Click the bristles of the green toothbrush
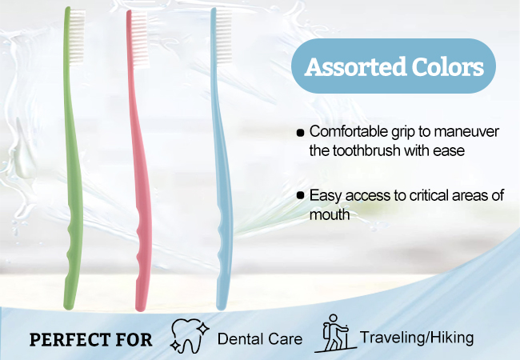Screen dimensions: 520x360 pyautogui.click(x=78, y=37)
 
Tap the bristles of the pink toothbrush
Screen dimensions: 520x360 pyautogui.click(x=140, y=40)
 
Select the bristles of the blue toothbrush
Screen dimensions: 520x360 pyautogui.click(x=223, y=37)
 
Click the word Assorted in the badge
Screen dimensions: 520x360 pyautogui.click(x=355, y=66)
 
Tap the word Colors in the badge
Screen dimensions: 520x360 pyautogui.click(x=448, y=66)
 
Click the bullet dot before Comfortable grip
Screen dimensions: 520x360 pyautogui.click(x=300, y=133)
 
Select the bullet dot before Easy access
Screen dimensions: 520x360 pyautogui.click(x=300, y=195)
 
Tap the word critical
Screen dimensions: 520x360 pyautogui.click(x=425, y=195)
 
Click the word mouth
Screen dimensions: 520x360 pyautogui.click(x=330, y=215)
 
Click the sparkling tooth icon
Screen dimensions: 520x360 pyautogui.click(x=190, y=335)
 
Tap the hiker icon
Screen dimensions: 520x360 pyautogui.click(x=335, y=334)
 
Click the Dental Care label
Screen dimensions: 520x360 pyautogui.click(x=260, y=338)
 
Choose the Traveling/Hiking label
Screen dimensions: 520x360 pyautogui.click(x=417, y=338)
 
